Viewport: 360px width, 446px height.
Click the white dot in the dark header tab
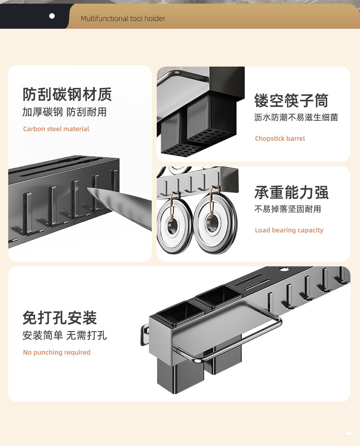tap(52, 16)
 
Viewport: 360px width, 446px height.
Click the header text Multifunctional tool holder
tap(123, 19)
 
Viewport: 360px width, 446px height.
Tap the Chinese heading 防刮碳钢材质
tap(67, 94)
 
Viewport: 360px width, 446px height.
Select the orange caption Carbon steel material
tap(56, 129)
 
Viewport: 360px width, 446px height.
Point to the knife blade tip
tap(89, 190)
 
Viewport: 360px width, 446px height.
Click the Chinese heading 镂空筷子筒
tap(291, 100)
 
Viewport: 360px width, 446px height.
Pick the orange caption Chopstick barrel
tap(280, 139)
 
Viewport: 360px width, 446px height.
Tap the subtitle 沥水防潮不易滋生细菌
tap(296, 118)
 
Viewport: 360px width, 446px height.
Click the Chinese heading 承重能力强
tap(291, 192)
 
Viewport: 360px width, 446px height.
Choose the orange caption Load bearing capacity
tap(289, 230)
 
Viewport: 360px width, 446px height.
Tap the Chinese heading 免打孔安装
tap(60, 317)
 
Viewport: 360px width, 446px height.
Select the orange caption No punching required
tap(57, 353)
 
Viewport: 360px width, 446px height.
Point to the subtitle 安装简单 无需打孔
tap(65, 336)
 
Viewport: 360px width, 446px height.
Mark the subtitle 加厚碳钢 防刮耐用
tap(64, 112)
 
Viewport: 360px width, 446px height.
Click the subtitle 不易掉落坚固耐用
tap(288, 209)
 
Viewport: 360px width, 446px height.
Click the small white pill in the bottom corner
tap(349, 433)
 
